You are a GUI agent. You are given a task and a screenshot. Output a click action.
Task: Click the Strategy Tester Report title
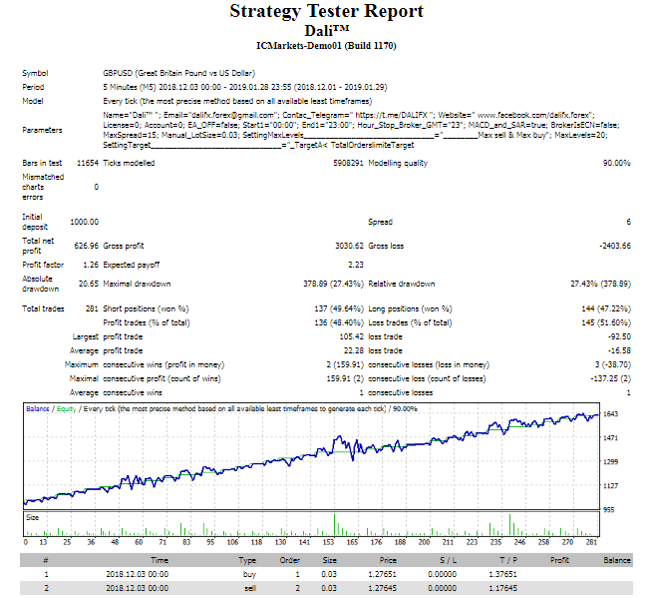[x=326, y=12]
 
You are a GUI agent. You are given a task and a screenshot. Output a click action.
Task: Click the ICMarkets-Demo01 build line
[x=326, y=45]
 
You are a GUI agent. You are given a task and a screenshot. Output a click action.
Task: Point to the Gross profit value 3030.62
[x=342, y=245]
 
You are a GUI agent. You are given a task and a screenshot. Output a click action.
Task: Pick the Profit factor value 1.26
[x=90, y=265]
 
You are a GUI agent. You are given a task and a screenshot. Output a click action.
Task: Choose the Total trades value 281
[x=90, y=308]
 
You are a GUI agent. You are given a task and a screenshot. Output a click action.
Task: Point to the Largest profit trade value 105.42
[x=342, y=337]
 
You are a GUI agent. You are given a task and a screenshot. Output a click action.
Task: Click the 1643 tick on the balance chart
[x=612, y=413]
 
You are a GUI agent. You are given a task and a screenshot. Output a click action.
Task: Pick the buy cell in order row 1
[x=248, y=575]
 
